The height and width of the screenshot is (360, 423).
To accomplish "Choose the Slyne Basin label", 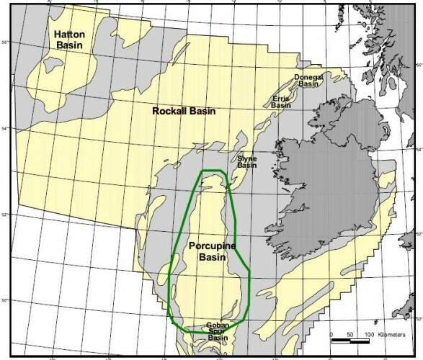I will [247, 162].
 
